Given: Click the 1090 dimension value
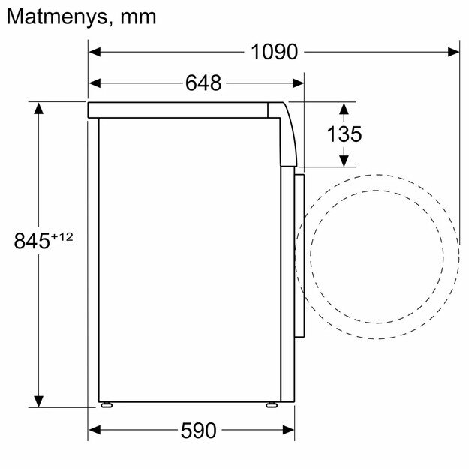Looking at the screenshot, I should pyautogui.click(x=275, y=52).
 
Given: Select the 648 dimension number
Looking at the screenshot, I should pyautogui.click(x=203, y=83).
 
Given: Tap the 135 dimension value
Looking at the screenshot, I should pyautogui.click(x=344, y=134).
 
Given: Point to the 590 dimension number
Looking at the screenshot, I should pyautogui.click(x=198, y=431).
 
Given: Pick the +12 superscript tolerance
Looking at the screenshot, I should pyautogui.click(x=62, y=236).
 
